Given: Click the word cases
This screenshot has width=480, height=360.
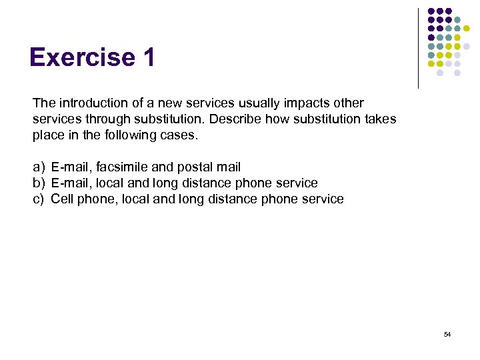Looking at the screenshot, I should click(x=181, y=135).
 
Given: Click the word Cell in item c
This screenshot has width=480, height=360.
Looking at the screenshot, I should click(x=61, y=199).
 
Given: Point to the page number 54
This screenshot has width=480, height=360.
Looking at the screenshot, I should click(x=447, y=334).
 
